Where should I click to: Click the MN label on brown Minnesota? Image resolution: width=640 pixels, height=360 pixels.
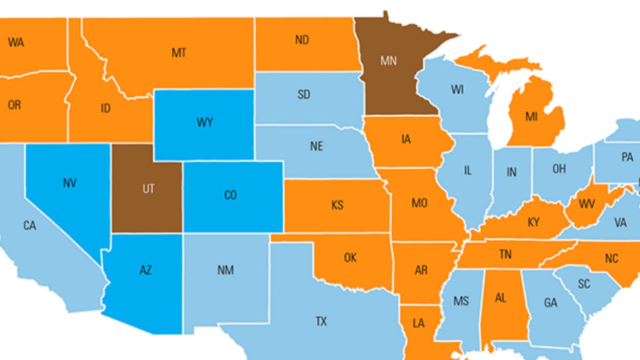pos(389,61)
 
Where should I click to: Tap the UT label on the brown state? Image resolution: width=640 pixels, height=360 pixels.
pos(148,189)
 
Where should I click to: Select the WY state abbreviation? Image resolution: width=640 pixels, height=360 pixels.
pos(205,123)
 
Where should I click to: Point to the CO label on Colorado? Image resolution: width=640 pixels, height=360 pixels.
pos(231,195)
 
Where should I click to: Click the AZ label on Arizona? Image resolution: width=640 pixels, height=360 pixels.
pos(145,270)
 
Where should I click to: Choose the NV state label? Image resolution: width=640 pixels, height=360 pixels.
pos(69,183)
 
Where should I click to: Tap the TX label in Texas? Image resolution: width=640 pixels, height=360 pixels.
pos(321,322)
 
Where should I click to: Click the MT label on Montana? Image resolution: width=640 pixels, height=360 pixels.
pos(178,53)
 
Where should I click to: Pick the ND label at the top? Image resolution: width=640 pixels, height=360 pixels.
pos(302,40)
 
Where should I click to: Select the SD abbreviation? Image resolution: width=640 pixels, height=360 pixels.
pos(304,95)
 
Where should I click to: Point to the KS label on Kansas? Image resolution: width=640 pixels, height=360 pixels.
pos(337,205)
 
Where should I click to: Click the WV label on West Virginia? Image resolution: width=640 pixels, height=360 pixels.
pos(587,204)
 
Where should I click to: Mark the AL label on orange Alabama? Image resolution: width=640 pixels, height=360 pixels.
pos(501,298)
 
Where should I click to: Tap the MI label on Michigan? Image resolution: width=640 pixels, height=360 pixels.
pos(531,117)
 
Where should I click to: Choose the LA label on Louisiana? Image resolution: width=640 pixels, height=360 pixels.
pos(418,323)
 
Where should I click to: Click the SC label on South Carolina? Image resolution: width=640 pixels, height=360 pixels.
pos(583,284)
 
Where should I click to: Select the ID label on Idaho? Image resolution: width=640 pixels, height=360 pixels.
pos(105,109)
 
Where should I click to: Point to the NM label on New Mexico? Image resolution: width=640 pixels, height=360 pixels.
pos(225,271)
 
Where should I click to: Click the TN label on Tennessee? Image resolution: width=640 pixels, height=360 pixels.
pos(505,254)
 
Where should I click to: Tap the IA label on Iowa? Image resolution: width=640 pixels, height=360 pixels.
pos(406,139)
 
